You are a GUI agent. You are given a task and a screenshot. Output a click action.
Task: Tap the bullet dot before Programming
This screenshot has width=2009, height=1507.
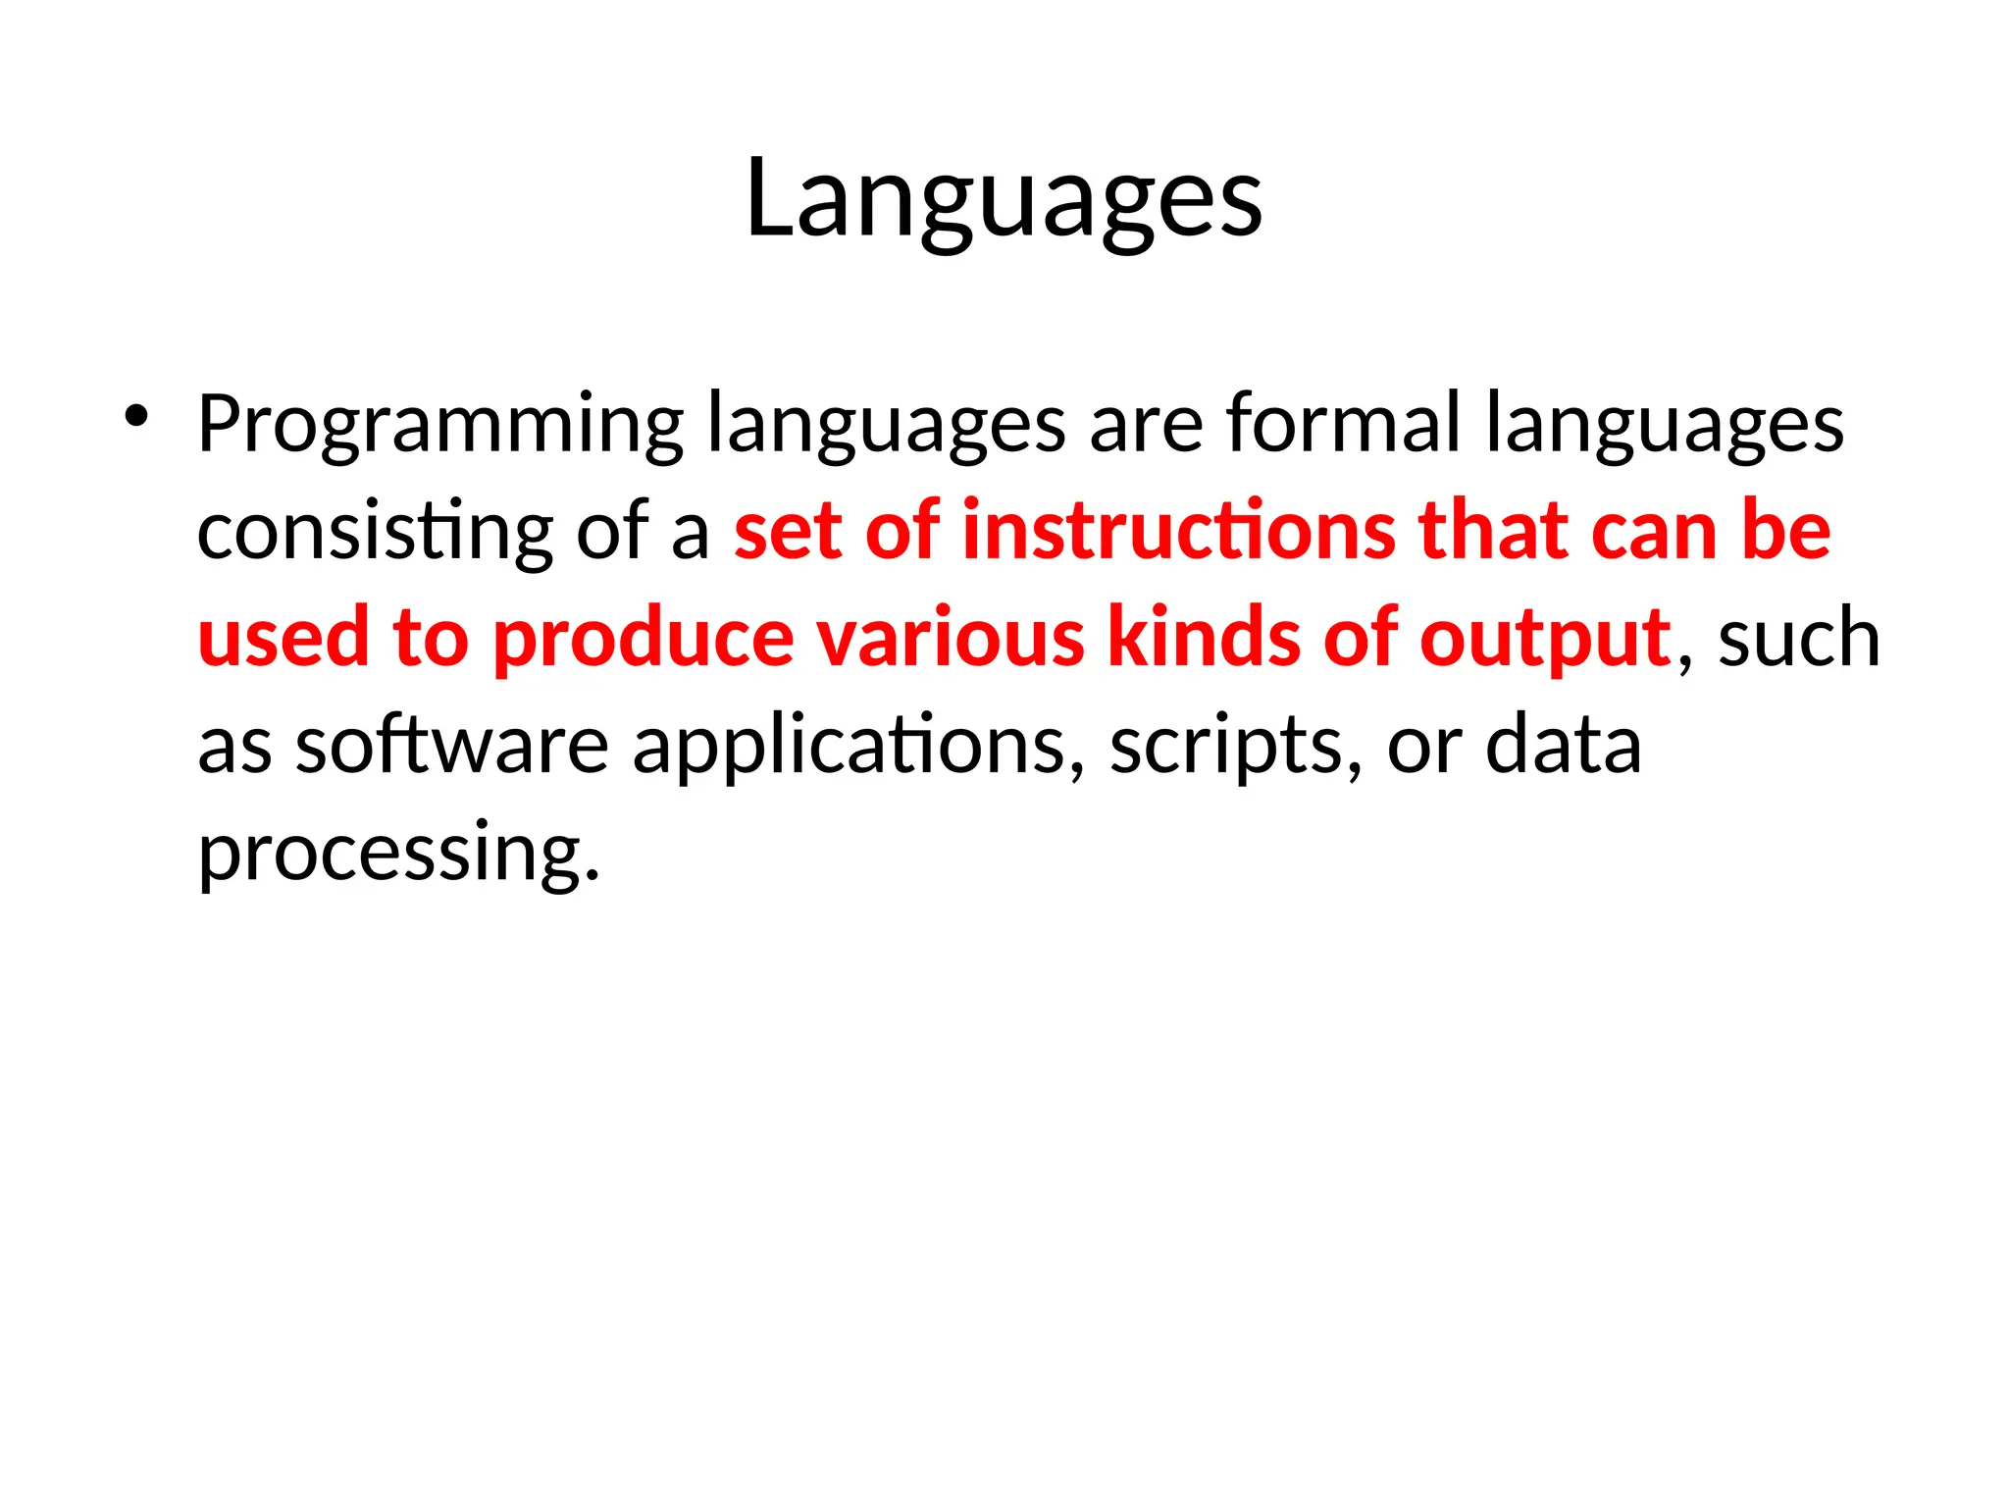click(135, 416)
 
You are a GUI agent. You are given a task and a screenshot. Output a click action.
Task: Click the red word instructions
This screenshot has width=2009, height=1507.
click(1178, 531)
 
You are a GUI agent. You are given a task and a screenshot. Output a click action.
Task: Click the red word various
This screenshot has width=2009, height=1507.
click(951, 638)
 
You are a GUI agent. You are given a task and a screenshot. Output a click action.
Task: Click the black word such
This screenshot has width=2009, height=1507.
click(1799, 639)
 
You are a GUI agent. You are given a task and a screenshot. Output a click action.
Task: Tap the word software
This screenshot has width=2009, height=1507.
click(452, 745)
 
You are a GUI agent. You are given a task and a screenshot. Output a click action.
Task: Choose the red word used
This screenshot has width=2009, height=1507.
click(283, 638)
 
